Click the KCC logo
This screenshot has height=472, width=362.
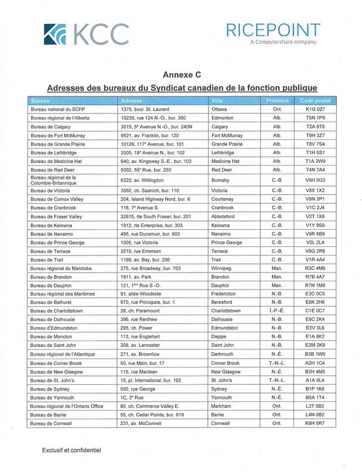(86, 35)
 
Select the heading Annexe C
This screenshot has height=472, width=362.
(182, 75)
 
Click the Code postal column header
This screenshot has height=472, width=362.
(315, 101)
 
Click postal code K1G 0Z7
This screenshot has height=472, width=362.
(315, 109)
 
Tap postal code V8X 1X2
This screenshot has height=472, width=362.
(315, 190)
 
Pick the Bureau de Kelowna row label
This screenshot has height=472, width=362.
(51, 225)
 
